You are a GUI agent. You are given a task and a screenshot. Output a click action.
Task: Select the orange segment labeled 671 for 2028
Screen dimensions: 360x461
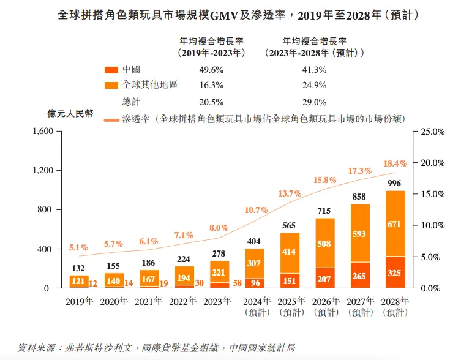(x=395, y=224)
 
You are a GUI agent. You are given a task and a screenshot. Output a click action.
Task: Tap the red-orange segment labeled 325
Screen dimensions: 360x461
(x=395, y=272)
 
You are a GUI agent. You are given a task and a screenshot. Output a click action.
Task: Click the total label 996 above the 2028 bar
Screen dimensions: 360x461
(x=395, y=183)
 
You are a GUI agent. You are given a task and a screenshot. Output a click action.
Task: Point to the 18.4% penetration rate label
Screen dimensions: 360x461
(x=394, y=163)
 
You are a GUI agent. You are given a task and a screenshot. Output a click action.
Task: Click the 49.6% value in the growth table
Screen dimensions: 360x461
(x=211, y=70)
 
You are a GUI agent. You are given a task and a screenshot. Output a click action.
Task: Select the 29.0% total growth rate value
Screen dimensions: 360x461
(x=314, y=102)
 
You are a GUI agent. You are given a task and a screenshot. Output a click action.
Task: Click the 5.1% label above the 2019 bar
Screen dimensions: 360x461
(x=78, y=248)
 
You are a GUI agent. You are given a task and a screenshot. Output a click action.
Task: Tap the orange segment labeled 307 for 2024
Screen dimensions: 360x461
(x=254, y=263)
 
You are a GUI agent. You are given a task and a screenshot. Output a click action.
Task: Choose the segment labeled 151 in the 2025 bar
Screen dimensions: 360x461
(x=290, y=281)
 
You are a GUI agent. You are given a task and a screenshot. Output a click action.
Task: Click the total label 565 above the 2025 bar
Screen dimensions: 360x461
(x=289, y=225)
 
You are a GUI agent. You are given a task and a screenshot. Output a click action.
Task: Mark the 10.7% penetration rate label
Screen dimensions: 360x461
(x=256, y=210)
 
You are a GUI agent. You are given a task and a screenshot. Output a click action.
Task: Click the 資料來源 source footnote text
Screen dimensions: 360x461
(x=157, y=347)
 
